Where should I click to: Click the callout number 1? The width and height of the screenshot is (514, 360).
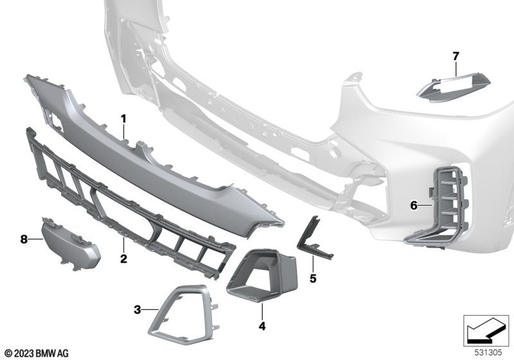[x=123, y=119]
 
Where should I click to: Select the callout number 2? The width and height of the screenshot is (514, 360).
[x=123, y=258]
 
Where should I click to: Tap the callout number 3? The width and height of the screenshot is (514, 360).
[x=137, y=309]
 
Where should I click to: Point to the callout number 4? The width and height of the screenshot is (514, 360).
[x=262, y=326]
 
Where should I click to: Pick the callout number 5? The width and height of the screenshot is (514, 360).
[x=313, y=278]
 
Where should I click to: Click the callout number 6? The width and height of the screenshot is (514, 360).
[x=414, y=206]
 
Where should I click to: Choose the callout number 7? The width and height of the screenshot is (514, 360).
[x=456, y=57]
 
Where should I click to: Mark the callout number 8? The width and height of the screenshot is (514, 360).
[x=24, y=239]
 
